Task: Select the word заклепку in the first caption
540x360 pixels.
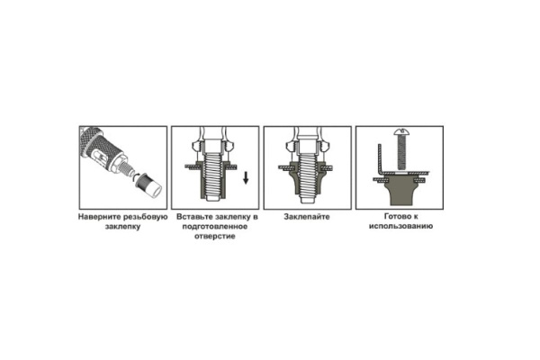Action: pyautogui.click(x=123, y=227)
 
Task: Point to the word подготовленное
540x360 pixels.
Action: pyautogui.click(x=215, y=227)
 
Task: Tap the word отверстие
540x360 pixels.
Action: pyautogui.click(x=215, y=237)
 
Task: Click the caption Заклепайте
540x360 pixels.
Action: pyautogui.click(x=307, y=217)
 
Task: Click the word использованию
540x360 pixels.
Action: pyautogui.click(x=400, y=226)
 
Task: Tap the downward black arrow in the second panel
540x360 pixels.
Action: pyautogui.click(x=246, y=177)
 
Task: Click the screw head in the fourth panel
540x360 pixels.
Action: pyautogui.click(x=400, y=131)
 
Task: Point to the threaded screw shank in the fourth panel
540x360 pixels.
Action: pyautogui.click(x=400, y=152)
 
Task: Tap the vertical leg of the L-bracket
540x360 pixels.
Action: pyautogui.click(x=380, y=157)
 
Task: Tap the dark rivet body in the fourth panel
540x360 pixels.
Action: pyautogui.click(x=401, y=190)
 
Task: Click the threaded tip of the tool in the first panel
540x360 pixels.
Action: pyautogui.click(x=129, y=169)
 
